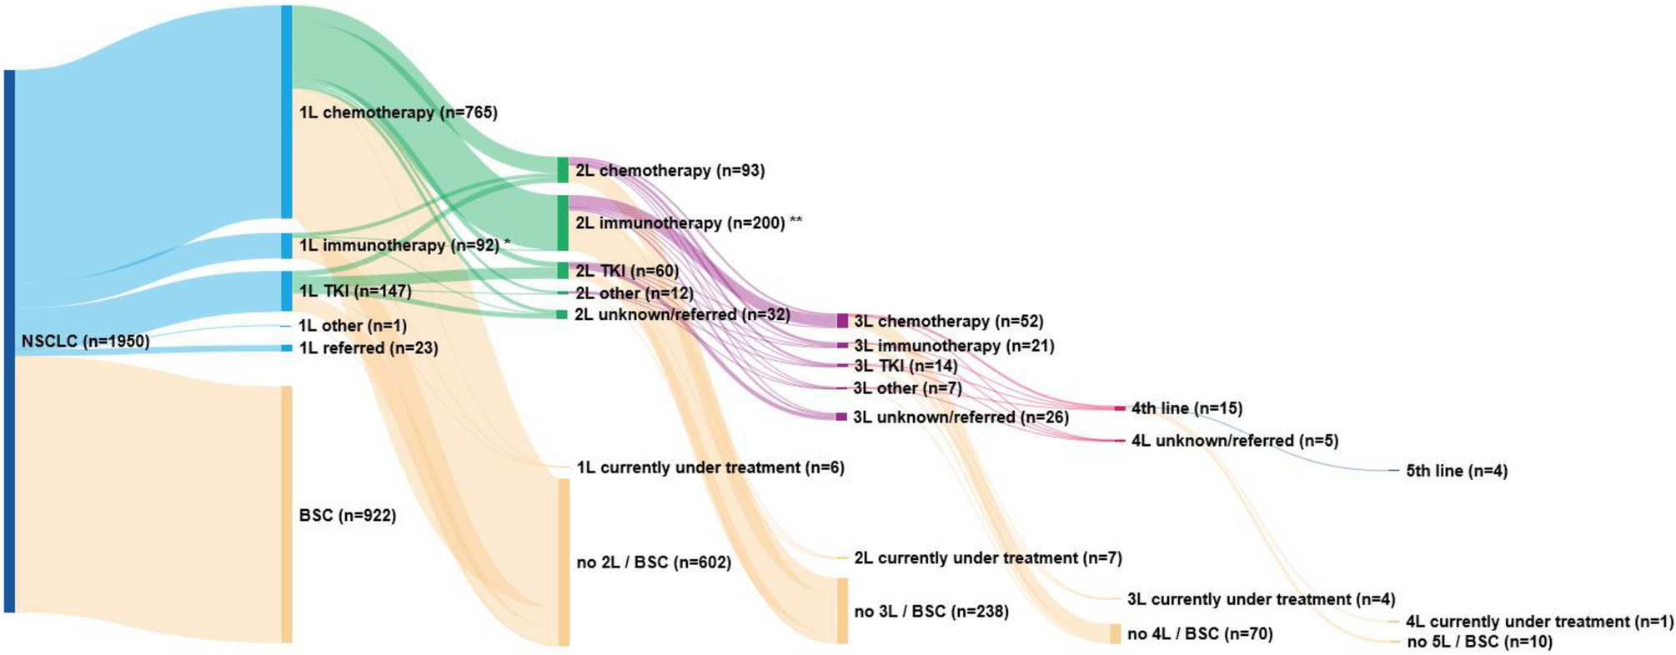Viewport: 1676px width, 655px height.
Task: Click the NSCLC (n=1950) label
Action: point(85,342)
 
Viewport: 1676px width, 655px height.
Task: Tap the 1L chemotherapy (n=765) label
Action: point(398,112)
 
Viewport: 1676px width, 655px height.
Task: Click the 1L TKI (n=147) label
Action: point(355,291)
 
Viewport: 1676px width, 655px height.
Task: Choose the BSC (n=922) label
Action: point(347,516)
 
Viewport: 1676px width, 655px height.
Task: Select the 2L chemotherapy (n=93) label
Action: point(670,171)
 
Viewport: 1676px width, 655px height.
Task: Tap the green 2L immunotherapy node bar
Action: point(563,222)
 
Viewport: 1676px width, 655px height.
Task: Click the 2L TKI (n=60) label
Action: point(627,271)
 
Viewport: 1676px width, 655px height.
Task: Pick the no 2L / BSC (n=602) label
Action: point(654,562)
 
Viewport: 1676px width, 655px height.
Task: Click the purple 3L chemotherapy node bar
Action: point(842,321)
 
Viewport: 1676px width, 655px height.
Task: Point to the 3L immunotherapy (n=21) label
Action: point(953,346)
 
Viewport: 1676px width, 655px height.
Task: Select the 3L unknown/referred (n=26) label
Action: point(961,417)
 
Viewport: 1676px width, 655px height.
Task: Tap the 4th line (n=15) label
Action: point(1187,408)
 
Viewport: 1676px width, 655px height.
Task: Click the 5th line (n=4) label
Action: point(1457,471)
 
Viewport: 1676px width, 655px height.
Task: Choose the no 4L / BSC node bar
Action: point(1115,634)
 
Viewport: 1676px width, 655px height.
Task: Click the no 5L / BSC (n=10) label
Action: point(1479,642)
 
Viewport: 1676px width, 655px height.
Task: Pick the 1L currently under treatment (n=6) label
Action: point(710,467)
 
